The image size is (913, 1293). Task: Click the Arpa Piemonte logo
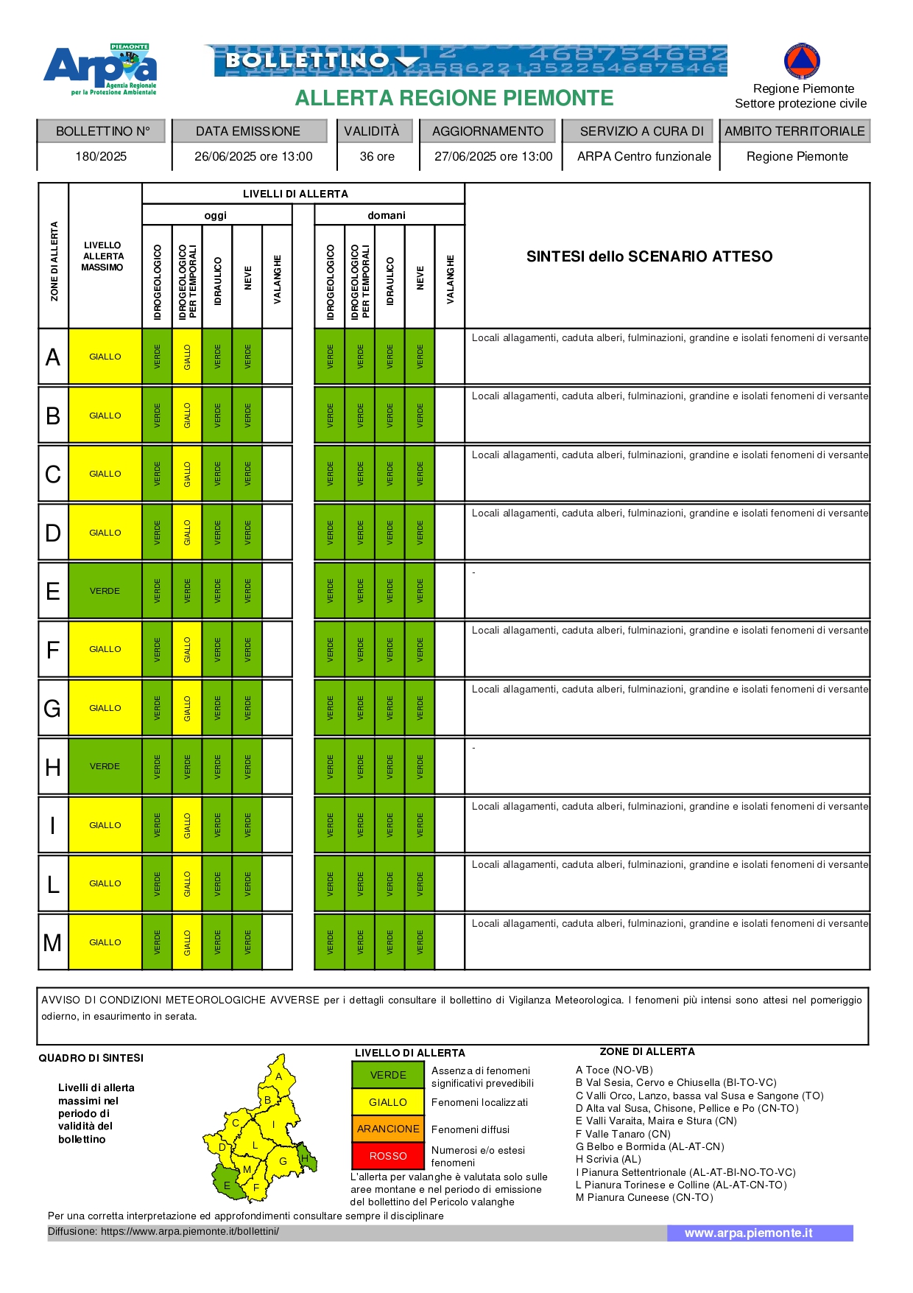pyautogui.click(x=100, y=69)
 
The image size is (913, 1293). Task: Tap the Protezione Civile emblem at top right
pyautogui.click(x=802, y=61)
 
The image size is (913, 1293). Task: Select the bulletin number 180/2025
pyautogui.click(x=101, y=156)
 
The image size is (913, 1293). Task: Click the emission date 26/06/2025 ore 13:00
pyautogui.click(x=253, y=156)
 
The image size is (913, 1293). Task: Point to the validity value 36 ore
pyautogui.click(x=377, y=156)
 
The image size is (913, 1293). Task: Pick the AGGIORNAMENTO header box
pyautogui.click(x=487, y=131)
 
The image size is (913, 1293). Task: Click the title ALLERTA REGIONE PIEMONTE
pyautogui.click(x=454, y=98)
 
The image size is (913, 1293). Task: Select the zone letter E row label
pyautogui.click(x=53, y=591)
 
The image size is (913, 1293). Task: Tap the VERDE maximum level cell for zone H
pyautogui.click(x=105, y=766)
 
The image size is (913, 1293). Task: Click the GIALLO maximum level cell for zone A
pyautogui.click(x=105, y=357)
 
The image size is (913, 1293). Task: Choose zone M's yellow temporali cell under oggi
pyautogui.click(x=187, y=942)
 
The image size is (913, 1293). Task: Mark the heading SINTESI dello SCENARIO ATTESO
pyautogui.click(x=649, y=256)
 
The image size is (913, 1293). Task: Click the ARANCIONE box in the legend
pyautogui.click(x=388, y=1129)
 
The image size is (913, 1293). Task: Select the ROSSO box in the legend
pyautogui.click(x=388, y=1156)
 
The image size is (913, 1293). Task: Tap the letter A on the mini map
pyautogui.click(x=279, y=1076)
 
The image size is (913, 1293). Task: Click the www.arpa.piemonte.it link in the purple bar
pyautogui.click(x=748, y=1233)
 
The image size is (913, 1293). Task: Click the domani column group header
pyautogui.click(x=387, y=215)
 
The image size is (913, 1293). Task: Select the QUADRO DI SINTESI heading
pyautogui.click(x=91, y=1058)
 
